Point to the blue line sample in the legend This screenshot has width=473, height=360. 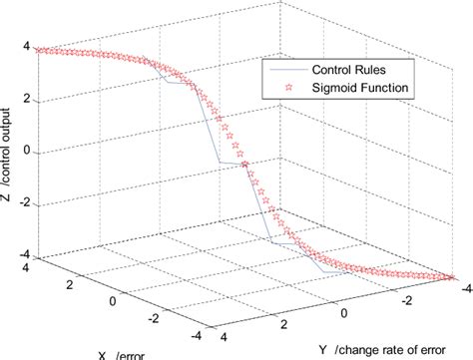[285, 71]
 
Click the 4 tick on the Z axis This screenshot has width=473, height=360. [26, 48]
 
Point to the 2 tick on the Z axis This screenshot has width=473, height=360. [26, 100]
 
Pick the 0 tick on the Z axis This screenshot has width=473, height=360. [26, 153]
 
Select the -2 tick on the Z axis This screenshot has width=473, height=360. [22, 204]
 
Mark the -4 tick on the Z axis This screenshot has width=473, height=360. [22, 255]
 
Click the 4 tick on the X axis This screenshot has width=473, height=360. [24, 268]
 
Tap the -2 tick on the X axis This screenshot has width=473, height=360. [153, 319]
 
